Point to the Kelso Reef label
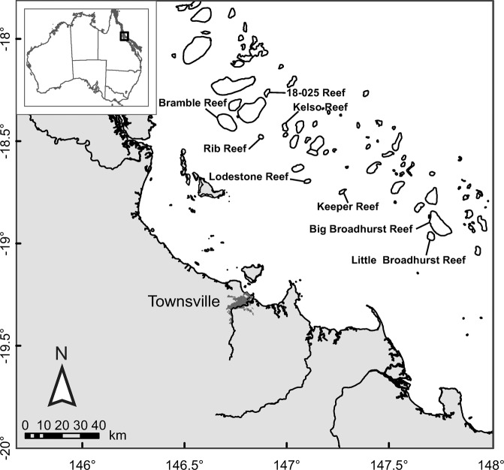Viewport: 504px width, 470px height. [x=320, y=107]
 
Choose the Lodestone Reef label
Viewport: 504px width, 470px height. [x=249, y=176]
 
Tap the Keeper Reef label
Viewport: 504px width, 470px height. [x=347, y=206]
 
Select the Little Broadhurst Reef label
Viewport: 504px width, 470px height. [x=407, y=261]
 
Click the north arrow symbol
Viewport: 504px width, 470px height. [x=63, y=387]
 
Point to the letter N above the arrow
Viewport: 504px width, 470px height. [x=63, y=353]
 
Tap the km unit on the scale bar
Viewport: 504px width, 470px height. [x=117, y=435]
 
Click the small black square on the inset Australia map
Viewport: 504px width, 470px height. [x=125, y=36]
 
